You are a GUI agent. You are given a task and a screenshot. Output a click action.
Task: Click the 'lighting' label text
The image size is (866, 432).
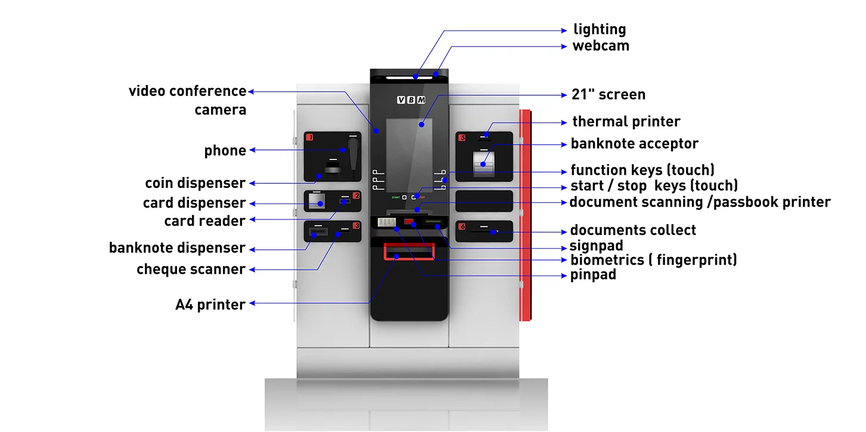599,29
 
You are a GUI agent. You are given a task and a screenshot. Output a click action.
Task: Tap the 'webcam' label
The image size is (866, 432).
600,46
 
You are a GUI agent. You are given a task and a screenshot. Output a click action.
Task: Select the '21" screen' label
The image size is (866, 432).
607,95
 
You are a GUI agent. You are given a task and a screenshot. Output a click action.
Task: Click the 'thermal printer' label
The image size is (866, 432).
626,122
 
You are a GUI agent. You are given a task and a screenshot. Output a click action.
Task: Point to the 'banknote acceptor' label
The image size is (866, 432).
634,144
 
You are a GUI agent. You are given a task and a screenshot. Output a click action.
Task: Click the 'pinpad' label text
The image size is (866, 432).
593,275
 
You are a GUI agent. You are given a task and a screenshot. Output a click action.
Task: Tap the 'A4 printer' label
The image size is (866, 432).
210,305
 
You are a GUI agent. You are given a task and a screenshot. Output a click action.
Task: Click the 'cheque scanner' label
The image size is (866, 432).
191,270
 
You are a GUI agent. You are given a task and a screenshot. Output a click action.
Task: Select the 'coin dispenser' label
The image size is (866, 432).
195,183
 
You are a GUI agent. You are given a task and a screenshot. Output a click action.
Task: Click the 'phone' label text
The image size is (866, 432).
225,151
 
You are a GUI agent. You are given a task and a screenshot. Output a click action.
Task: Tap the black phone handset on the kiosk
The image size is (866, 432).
353,156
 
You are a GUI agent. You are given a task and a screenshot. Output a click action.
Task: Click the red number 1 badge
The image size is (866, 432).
309,138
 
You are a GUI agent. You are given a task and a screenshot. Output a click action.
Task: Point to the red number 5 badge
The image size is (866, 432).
462,138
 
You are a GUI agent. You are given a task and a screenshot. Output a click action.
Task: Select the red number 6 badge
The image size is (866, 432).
462,226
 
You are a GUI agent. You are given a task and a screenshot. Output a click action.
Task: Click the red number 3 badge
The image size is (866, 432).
356,226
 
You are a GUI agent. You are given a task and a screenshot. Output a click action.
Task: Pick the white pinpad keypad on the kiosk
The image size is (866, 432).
386,222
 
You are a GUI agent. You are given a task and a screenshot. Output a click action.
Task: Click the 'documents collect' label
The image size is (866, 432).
632,230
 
